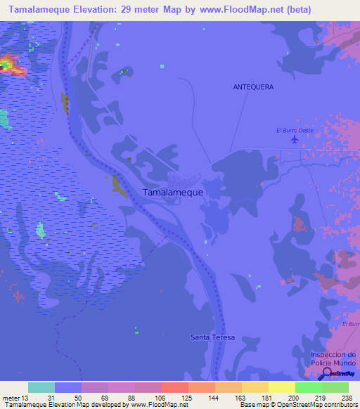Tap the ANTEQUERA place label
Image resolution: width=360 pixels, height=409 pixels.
(253, 87)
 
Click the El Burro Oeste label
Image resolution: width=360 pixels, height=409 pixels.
(295, 130)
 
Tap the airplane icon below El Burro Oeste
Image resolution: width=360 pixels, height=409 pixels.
(294, 139)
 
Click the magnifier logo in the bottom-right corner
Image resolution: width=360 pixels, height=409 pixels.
(325, 373)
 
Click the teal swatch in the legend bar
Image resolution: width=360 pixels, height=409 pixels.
(41, 387)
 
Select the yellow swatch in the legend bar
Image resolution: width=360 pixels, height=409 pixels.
(282, 387)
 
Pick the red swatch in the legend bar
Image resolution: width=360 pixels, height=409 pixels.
(175, 387)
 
